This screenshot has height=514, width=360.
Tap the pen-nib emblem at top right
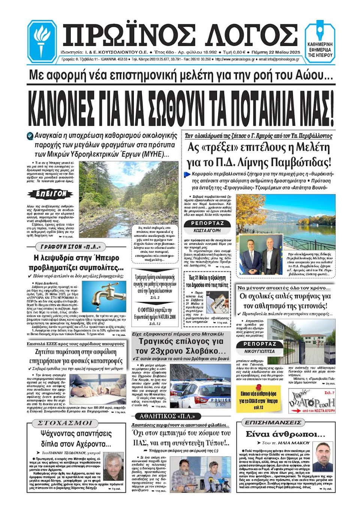coord(320,32)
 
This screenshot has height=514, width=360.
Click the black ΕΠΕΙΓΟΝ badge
coord(50,194)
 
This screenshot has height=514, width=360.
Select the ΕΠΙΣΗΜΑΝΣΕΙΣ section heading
coord(273,423)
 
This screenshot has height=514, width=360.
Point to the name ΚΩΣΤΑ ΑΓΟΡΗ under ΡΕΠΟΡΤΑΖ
coord(207,231)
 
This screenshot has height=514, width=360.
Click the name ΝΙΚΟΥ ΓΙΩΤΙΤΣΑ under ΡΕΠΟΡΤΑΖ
coord(259,351)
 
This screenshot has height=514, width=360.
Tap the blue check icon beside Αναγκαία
coord(30,136)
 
